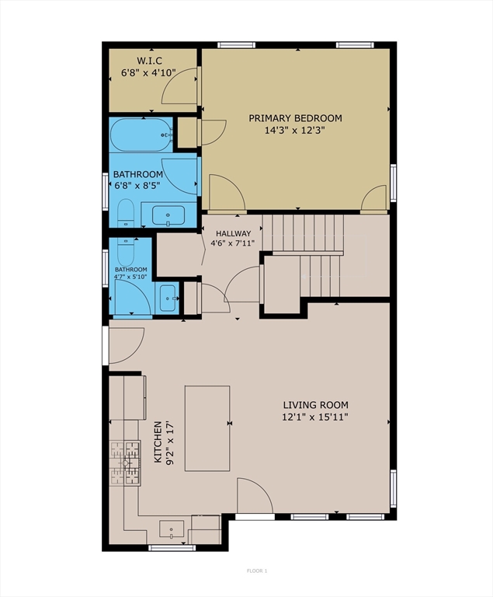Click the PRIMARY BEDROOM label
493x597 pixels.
(x=295, y=118)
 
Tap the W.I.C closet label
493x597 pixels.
(x=150, y=61)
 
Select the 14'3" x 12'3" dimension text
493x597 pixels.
(x=295, y=131)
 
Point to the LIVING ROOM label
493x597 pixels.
(x=315, y=405)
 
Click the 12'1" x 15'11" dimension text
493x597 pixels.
(x=315, y=417)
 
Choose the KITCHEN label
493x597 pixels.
(x=158, y=442)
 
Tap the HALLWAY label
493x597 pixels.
(x=233, y=233)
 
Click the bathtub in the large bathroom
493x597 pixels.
(x=141, y=135)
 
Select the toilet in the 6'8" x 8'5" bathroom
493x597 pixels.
(x=125, y=212)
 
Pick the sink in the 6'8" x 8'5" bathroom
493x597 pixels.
(x=168, y=215)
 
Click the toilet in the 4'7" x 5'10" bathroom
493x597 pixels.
(x=127, y=252)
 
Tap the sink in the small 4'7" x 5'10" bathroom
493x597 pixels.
(x=168, y=298)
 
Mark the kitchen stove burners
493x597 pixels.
(x=125, y=463)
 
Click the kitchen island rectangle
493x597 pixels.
(x=207, y=428)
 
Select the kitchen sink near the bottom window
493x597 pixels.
(x=171, y=529)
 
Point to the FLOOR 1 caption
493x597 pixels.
(x=257, y=571)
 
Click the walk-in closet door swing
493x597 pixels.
(x=179, y=86)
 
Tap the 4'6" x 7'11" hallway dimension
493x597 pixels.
(x=232, y=243)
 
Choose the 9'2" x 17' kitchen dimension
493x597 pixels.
(x=170, y=442)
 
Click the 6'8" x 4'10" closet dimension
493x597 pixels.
(x=149, y=72)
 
